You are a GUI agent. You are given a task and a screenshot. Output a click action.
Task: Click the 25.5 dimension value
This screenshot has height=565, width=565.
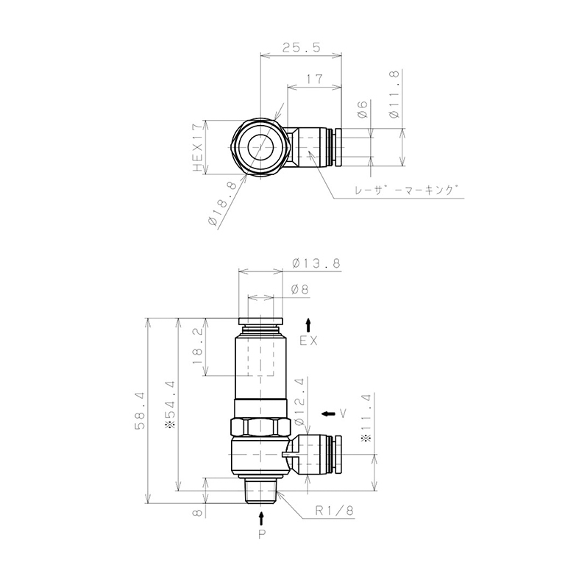(x=301, y=48)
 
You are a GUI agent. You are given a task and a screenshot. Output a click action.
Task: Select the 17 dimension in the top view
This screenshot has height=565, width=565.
(x=315, y=79)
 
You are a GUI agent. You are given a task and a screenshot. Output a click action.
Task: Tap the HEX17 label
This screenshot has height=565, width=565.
(x=197, y=148)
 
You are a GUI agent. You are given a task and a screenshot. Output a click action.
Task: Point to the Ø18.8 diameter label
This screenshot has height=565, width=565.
(x=222, y=204)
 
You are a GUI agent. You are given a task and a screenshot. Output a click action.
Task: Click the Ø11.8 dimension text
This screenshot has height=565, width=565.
(x=394, y=94)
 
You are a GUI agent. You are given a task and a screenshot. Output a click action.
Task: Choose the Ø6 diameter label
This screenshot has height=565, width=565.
(x=362, y=110)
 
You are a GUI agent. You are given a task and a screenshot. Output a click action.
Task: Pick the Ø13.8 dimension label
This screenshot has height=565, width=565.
(x=316, y=263)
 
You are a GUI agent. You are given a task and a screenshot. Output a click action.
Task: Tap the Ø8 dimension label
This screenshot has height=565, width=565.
(x=300, y=289)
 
